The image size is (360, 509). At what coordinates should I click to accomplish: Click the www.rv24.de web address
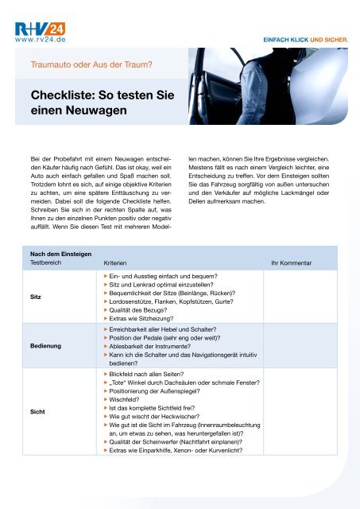(x=38, y=37)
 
